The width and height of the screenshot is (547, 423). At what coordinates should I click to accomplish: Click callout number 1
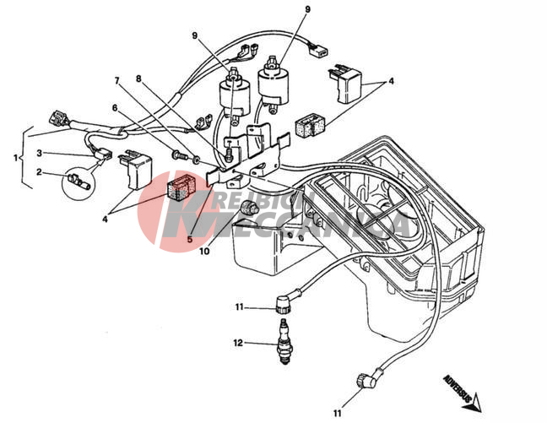[15, 156]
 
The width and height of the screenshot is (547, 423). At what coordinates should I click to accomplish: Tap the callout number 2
[38, 172]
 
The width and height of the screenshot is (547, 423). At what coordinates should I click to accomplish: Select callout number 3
[38, 153]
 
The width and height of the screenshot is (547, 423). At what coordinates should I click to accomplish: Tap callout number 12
[238, 344]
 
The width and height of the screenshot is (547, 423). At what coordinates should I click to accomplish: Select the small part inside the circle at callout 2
[78, 179]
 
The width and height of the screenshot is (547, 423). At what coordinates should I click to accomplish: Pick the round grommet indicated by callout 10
[248, 208]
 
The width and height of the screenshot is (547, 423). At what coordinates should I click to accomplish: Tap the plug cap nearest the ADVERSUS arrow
[366, 381]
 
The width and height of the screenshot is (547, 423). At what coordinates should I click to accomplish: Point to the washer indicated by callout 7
[197, 158]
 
